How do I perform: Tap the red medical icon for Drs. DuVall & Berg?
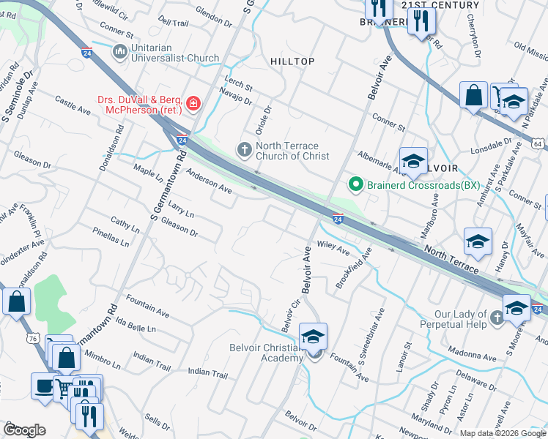[x=193, y=104]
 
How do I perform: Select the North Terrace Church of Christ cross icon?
[x=245, y=149]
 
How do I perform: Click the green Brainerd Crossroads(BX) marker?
[x=356, y=184]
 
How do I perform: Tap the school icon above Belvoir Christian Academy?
[x=313, y=337]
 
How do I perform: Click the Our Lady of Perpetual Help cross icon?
[x=498, y=317]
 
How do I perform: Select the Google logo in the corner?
[x=25, y=429]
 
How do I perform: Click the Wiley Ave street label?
[x=333, y=247]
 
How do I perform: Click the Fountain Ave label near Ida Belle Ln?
[x=147, y=307]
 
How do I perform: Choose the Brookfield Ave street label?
[x=354, y=268]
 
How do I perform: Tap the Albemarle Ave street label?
[x=377, y=161]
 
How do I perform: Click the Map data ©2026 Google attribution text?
[x=503, y=433]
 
